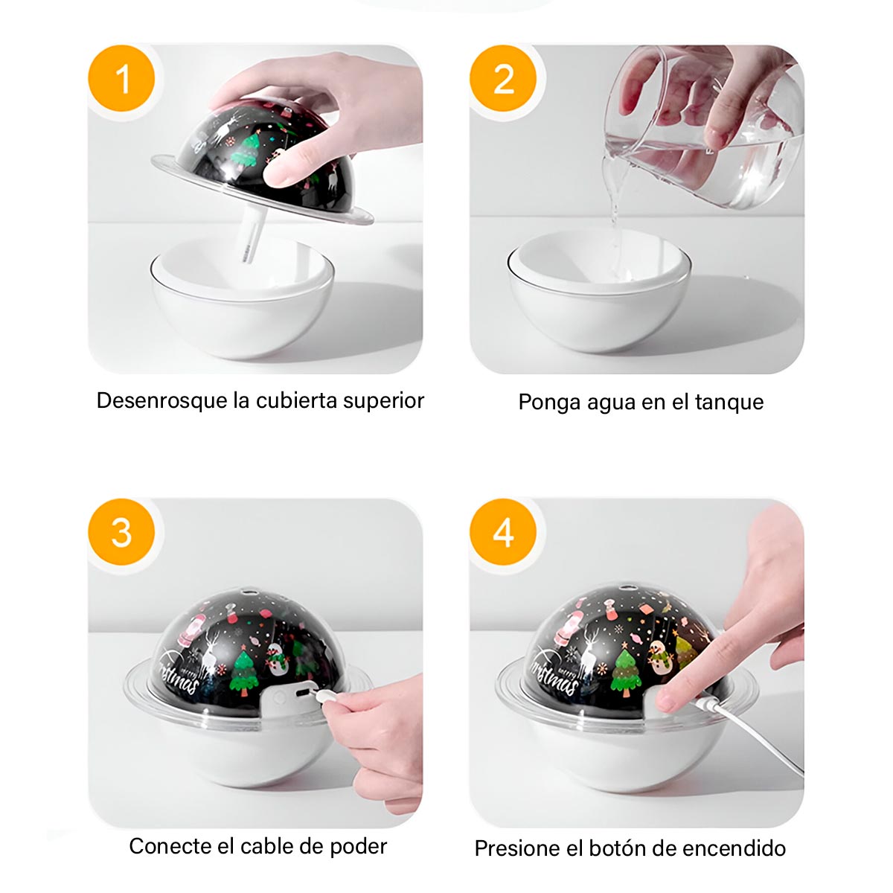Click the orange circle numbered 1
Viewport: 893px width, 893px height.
[x=122, y=79]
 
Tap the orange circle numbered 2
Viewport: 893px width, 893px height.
[x=504, y=79]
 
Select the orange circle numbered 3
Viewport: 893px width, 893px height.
[x=122, y=533]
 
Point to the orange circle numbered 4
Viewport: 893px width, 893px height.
[x=504, y=533]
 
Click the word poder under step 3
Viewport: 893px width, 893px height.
[x=358, y=846]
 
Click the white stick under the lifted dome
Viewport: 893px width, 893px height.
[x=247, y=234]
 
